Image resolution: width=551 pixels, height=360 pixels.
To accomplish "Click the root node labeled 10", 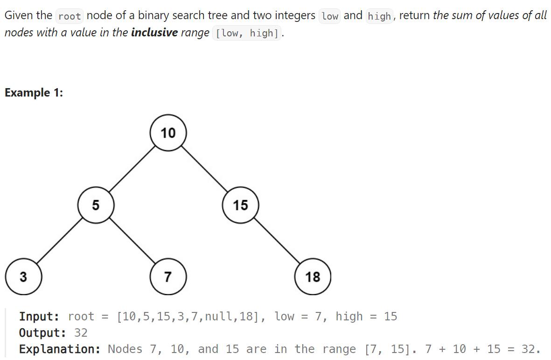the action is point(168,133).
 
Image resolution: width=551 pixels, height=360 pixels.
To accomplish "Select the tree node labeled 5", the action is point(96,205).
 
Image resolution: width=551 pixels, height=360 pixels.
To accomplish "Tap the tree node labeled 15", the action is point(240,205).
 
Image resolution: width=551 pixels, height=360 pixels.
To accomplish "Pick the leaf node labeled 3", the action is point(23,277).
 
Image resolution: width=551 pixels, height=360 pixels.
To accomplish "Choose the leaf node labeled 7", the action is point(168,277).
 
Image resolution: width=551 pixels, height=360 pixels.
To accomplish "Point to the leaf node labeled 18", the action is point(313,277).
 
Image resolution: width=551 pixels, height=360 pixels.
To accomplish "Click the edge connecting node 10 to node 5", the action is point(132,169).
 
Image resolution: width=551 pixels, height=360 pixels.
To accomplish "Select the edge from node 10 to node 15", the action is point(204,169).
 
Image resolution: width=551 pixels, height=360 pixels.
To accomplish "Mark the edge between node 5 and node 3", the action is point(60,241).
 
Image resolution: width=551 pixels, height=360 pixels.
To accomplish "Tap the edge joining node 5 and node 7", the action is point(132,241).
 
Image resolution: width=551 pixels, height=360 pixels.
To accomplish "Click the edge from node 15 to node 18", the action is point(277,241).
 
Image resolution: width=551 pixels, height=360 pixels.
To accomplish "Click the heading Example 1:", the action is point(34,93).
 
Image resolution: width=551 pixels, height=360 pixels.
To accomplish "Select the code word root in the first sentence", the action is point(70,16).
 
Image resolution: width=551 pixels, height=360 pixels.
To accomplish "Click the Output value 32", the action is point(81,333).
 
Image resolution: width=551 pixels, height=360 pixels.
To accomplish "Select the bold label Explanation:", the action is point(60,349).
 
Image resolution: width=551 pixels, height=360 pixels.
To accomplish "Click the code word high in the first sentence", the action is point(379,16).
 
